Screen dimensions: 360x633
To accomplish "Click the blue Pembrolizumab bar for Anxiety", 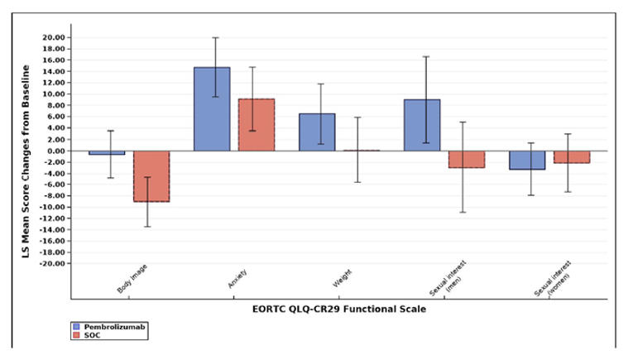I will click(212, 109).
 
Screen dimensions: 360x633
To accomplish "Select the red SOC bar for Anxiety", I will click(257, 125).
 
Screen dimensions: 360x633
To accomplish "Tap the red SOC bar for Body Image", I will click(151, 176).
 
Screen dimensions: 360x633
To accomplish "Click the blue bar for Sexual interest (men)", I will click(422, 125).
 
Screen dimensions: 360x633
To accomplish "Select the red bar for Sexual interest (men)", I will click(467, 159).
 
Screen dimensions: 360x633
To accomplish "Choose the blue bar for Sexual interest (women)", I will click(527, 160).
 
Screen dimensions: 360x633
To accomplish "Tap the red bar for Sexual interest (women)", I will click(572, 156).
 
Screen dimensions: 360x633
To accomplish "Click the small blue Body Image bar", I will click(107, 153).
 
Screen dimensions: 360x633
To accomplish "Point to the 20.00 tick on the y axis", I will click(52, 37).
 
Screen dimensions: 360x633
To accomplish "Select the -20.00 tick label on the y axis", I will click(51, 263).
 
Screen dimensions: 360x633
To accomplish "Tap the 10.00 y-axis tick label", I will click(52, 94).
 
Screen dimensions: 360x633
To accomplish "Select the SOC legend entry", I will click(86, 335).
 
